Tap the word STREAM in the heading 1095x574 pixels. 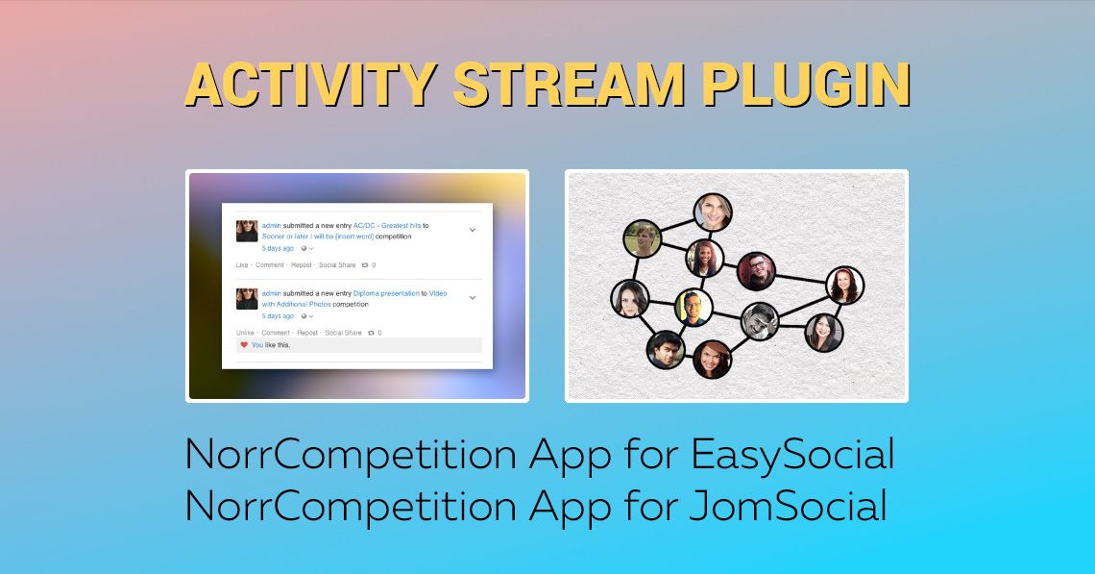pyautogui.click(x=569, y=86)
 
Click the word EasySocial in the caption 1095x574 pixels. pyautogui.click(x=793, y=455)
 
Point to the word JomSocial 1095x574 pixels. pyautogui.click(x=790, y=505)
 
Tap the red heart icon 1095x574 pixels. pyautogui.click(x=244, y=344)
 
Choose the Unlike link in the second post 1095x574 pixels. pyautogui.click(x=245, y=333)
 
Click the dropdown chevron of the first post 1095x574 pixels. pyautogui.click(x=473, y=230)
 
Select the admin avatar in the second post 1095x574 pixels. pyautogui.click(x=247, y=298)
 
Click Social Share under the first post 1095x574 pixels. pyautogui.click(x=337, y=264)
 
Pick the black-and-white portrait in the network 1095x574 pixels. pyautogui.click(x=759, y=321)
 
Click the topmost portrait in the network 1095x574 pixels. pyautogui.click(x=713, y=212)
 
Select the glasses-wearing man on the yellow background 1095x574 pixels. pyautogui.click(x=693, y=308)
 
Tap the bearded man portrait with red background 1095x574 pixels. pyautogui.click(x=756, y=271)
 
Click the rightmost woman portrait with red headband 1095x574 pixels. pyautogui.click(x=844, y=286)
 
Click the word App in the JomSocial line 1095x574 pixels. pyautogui.click(x=570, y=505)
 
